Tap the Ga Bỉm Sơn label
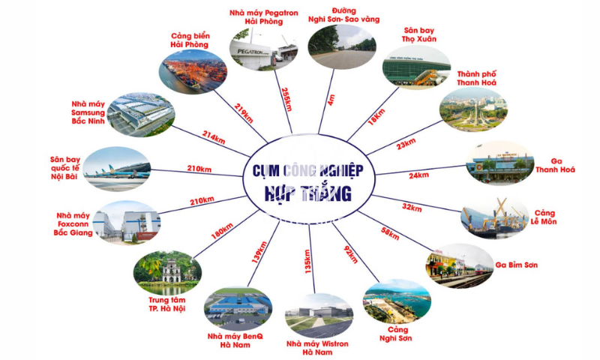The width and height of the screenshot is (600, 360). click(x=517, y=265)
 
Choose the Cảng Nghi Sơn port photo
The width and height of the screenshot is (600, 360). click(x=396, y=301)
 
